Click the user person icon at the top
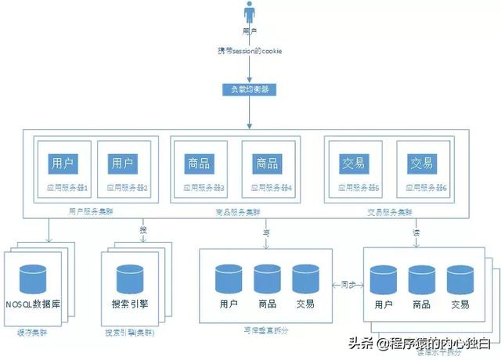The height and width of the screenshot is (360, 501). (250, 15)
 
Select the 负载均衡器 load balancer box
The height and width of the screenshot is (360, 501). (250, 88)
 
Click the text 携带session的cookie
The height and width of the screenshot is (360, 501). (250, 51)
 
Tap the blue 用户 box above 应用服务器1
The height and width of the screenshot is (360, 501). (61, 164)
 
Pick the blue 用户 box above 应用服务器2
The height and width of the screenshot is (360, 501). (121, 164)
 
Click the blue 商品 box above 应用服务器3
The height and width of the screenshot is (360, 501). (197, 164)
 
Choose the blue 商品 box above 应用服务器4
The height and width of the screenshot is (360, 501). (266, 164)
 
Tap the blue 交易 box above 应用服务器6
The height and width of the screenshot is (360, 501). (422, 164)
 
